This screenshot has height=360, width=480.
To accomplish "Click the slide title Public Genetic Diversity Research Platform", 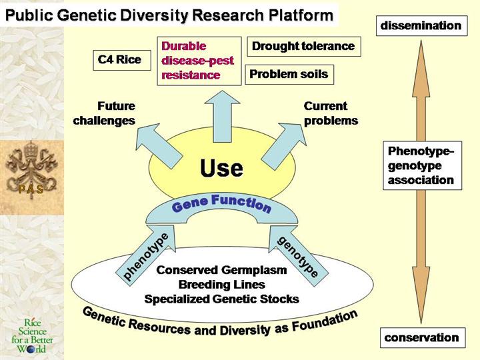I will (x=169, y=14).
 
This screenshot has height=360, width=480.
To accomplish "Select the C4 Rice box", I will (x=120, y=60).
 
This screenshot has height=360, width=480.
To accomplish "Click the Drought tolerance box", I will (x=303, y=47).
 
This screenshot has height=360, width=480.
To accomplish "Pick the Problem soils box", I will (x=289, y=74).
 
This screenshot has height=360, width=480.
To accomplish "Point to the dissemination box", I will (x=421, y=26).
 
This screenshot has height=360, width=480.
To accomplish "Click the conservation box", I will (x=421, y=337).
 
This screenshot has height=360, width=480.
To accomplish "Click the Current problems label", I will (x=331, y=113).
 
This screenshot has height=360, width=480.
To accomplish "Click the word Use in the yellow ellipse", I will (x=221, y=168).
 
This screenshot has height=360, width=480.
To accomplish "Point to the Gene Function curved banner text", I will (x=221, y=203).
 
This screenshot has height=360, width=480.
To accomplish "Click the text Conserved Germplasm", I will (x=221, y=270).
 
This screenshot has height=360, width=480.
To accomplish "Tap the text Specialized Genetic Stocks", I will (x=221, y=299).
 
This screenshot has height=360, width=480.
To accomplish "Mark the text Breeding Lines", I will (x=221, y=285).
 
